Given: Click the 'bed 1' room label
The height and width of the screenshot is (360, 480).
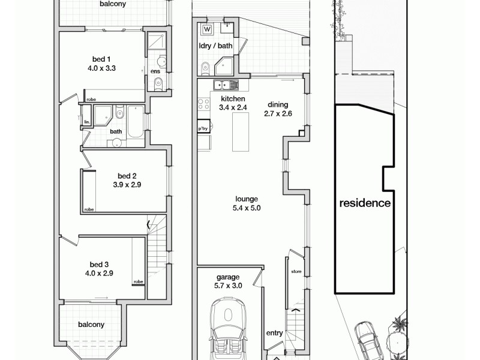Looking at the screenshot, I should [101, 59].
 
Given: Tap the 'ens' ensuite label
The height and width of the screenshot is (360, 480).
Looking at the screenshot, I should [155, 72].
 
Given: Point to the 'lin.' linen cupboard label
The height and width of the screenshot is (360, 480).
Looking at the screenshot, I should [86, 122].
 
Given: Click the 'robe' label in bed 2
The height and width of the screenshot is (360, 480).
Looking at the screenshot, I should [89, 209].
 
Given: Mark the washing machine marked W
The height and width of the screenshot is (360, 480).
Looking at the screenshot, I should [208, 29].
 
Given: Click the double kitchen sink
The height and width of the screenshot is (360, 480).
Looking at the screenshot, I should [223, 85].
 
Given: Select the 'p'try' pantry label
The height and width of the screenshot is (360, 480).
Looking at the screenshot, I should [203, 128].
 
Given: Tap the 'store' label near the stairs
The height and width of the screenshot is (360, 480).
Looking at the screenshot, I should [295, 272].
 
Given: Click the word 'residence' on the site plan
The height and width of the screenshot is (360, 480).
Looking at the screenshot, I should [365, 203].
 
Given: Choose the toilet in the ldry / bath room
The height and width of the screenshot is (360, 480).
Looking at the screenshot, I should [205, 67].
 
